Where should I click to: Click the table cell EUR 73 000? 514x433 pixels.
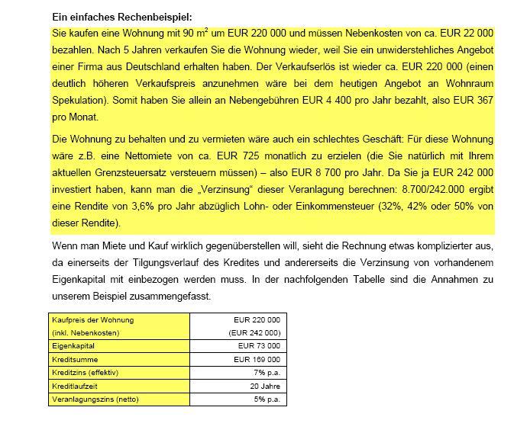click(259, 345)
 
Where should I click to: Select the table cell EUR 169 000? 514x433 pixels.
click(257, 358)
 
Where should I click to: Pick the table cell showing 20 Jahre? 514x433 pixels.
click(264, 386)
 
